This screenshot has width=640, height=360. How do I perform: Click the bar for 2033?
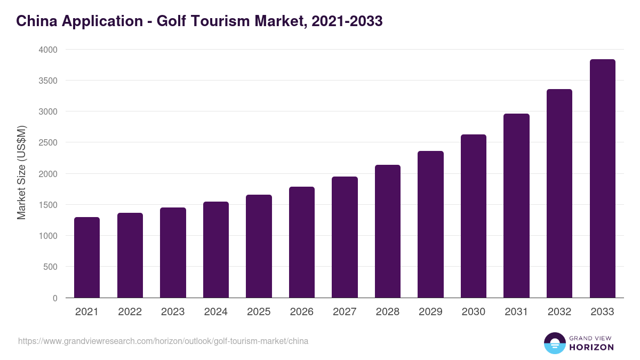coord(603,179)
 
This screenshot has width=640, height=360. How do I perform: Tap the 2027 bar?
coord(345,237)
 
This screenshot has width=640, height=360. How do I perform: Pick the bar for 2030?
coord(474,216)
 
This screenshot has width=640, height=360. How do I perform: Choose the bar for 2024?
coord(216,250)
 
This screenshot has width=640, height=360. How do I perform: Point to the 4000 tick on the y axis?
coord(47,50)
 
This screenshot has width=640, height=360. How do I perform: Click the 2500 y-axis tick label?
coord(47,143)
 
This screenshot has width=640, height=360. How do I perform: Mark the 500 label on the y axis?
coord(50,267)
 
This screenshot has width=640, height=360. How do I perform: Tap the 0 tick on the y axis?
coord(54,298)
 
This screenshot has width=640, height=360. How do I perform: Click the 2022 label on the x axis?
coord(130,312)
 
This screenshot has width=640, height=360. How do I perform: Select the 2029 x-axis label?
coord(430,312)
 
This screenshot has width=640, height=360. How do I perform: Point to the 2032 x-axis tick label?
coord(559,312)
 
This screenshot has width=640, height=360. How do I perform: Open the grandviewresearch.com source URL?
coord(163,341)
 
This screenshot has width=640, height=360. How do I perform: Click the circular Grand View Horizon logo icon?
coord(555,343)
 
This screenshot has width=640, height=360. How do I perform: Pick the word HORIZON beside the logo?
coord(591,347)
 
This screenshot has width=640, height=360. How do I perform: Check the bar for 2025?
coord(259,246)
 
